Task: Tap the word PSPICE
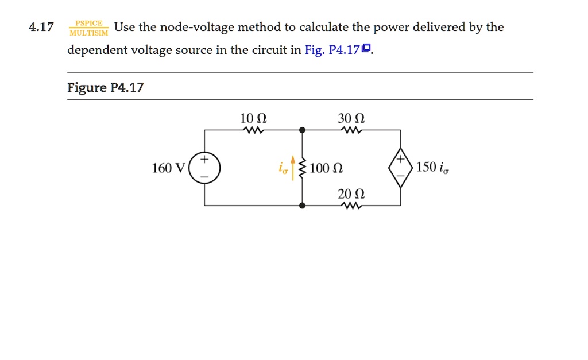click(x=88, y=23)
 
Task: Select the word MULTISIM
click(x=88, y=32)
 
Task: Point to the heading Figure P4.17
click(x=105, y=88)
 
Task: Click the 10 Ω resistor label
click(x=253, y=119)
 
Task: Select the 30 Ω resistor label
click(x=351, y=119)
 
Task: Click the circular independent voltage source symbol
click(x=205, y=168)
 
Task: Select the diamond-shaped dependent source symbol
click(x=400, y=168)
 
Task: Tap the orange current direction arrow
click(x=294, y=167)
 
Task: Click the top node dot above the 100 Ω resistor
click(x=303, y=130)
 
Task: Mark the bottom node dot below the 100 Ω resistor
click(x=303, y=205)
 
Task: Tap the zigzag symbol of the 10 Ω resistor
click(x=253, y=130)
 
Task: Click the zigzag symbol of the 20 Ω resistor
click(x=351, y=206)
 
